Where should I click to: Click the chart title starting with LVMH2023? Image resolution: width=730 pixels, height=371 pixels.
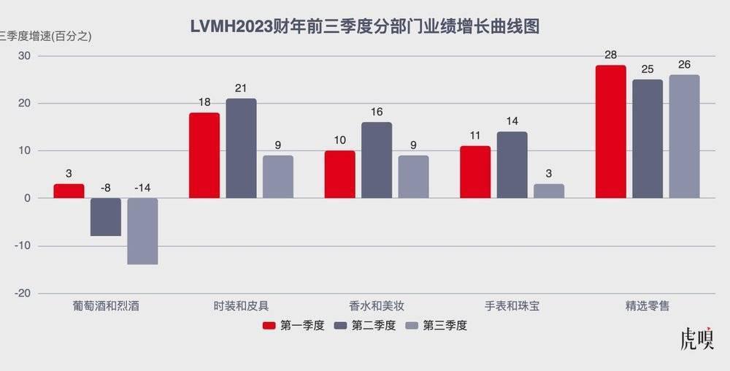pyautogui.click(x=364, y=28)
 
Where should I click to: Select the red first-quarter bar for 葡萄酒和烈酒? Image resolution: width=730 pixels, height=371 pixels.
pyautogui.click(x=69, y=191)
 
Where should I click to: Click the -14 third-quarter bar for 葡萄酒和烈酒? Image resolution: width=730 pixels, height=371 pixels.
pyautogui.click(x=142, y=231)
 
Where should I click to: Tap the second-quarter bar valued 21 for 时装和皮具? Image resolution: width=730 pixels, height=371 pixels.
pyautogui.click(x=241, y=148)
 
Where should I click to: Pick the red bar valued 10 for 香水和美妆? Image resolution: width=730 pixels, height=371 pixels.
pyautogui.click(x=339, y=175)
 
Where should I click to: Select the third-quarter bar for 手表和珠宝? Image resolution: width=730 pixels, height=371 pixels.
pyautogui.click(x=549, y=191)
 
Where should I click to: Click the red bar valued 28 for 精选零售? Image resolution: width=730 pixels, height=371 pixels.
pyautogui.click(x=610, y=131)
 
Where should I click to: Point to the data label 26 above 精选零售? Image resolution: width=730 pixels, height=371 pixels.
pyautogui.click(x=684, y=64)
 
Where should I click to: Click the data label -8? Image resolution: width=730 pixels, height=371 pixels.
pyautogui.click(x=105, y=188)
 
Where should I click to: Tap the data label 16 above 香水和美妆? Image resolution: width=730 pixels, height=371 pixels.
pyautogui.click(x=377, y=112)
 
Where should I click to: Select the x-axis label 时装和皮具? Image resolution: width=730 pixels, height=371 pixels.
pyautogui.click(x=241, y=306)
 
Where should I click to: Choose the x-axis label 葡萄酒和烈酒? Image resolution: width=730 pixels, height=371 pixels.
pyautogui.click(x=106, y=306)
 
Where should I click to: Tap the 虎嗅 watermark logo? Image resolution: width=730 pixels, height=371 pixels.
pyautogui.click(x=697, y=340)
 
